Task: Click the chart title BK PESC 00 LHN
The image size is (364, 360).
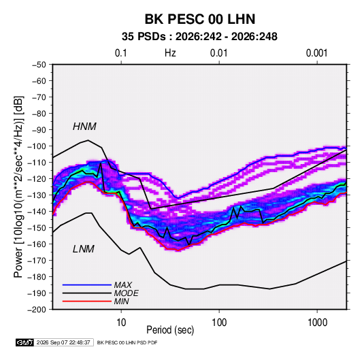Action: click(200, 19)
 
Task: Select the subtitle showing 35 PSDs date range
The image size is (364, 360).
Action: click(199, 37)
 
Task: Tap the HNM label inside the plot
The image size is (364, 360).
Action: click(84, 127)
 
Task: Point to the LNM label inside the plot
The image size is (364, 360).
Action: click(84, 249)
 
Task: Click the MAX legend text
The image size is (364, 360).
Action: click(122, 285)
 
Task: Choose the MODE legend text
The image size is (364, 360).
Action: click(126, 293)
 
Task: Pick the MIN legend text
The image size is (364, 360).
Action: click(121, 301)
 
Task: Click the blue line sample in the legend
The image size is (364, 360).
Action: click(87, 284)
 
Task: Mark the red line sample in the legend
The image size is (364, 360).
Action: click(87, 301)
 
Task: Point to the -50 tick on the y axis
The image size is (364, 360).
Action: click(39, 65)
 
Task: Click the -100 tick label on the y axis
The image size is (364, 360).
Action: click(37, 146)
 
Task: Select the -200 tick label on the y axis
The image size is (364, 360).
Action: click(37, 310)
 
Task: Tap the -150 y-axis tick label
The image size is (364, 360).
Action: click(37, 228)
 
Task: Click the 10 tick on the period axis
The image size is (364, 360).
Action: click(121, 323)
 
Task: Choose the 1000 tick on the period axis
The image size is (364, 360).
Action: click(317, 323)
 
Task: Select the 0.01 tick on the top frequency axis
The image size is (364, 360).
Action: click(218, 53)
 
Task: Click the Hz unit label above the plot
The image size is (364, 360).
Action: click(170, 53)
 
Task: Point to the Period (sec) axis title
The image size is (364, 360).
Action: click(170, 330)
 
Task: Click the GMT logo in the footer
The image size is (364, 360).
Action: click(24, 342)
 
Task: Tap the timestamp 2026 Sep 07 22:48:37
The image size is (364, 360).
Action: click(63, 342)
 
